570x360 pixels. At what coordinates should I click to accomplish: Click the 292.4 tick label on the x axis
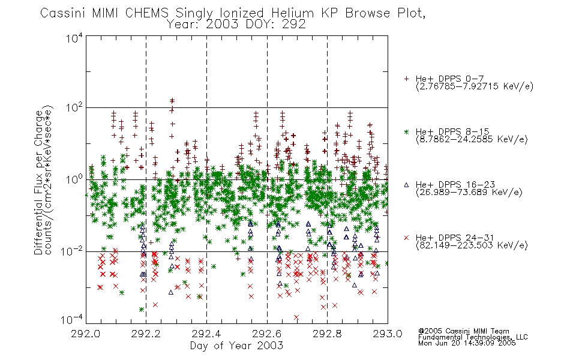pyautogui.click(x=206, y=334)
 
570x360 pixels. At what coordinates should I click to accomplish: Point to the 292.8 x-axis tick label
pyautogui.click(x=327, y=334)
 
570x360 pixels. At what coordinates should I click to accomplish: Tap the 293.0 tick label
pyautogui.click(x=388, y=334)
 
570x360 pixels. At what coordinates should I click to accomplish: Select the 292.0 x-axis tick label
pyautogui.click(x=86, y=334)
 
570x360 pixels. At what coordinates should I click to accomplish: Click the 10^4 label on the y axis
pyautogui.click(x=74, y=38)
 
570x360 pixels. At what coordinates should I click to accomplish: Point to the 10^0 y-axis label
pyautogui.click(x=74, y=179)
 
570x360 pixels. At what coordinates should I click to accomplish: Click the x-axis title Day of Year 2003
pyautogui.click(x=236, y=346)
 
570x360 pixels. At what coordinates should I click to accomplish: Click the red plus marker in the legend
pyautogui.click(x=406, y=79)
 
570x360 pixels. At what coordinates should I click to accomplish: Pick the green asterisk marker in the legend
pyautogui.click(x=406, y=131)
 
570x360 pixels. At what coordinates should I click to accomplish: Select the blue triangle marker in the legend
pyautogui.click(x=406, y=185)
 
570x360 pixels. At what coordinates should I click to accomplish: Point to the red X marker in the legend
pyautogui.click(x=406, y=238)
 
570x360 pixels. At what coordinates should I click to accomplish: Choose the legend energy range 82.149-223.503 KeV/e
pyautogui.click(x=472, y=245)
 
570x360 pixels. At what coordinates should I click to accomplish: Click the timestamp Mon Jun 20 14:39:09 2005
pyautogui.click(x=467, y=343)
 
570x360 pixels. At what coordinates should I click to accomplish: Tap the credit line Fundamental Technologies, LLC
pyautogui.click(x=473, y=337)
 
